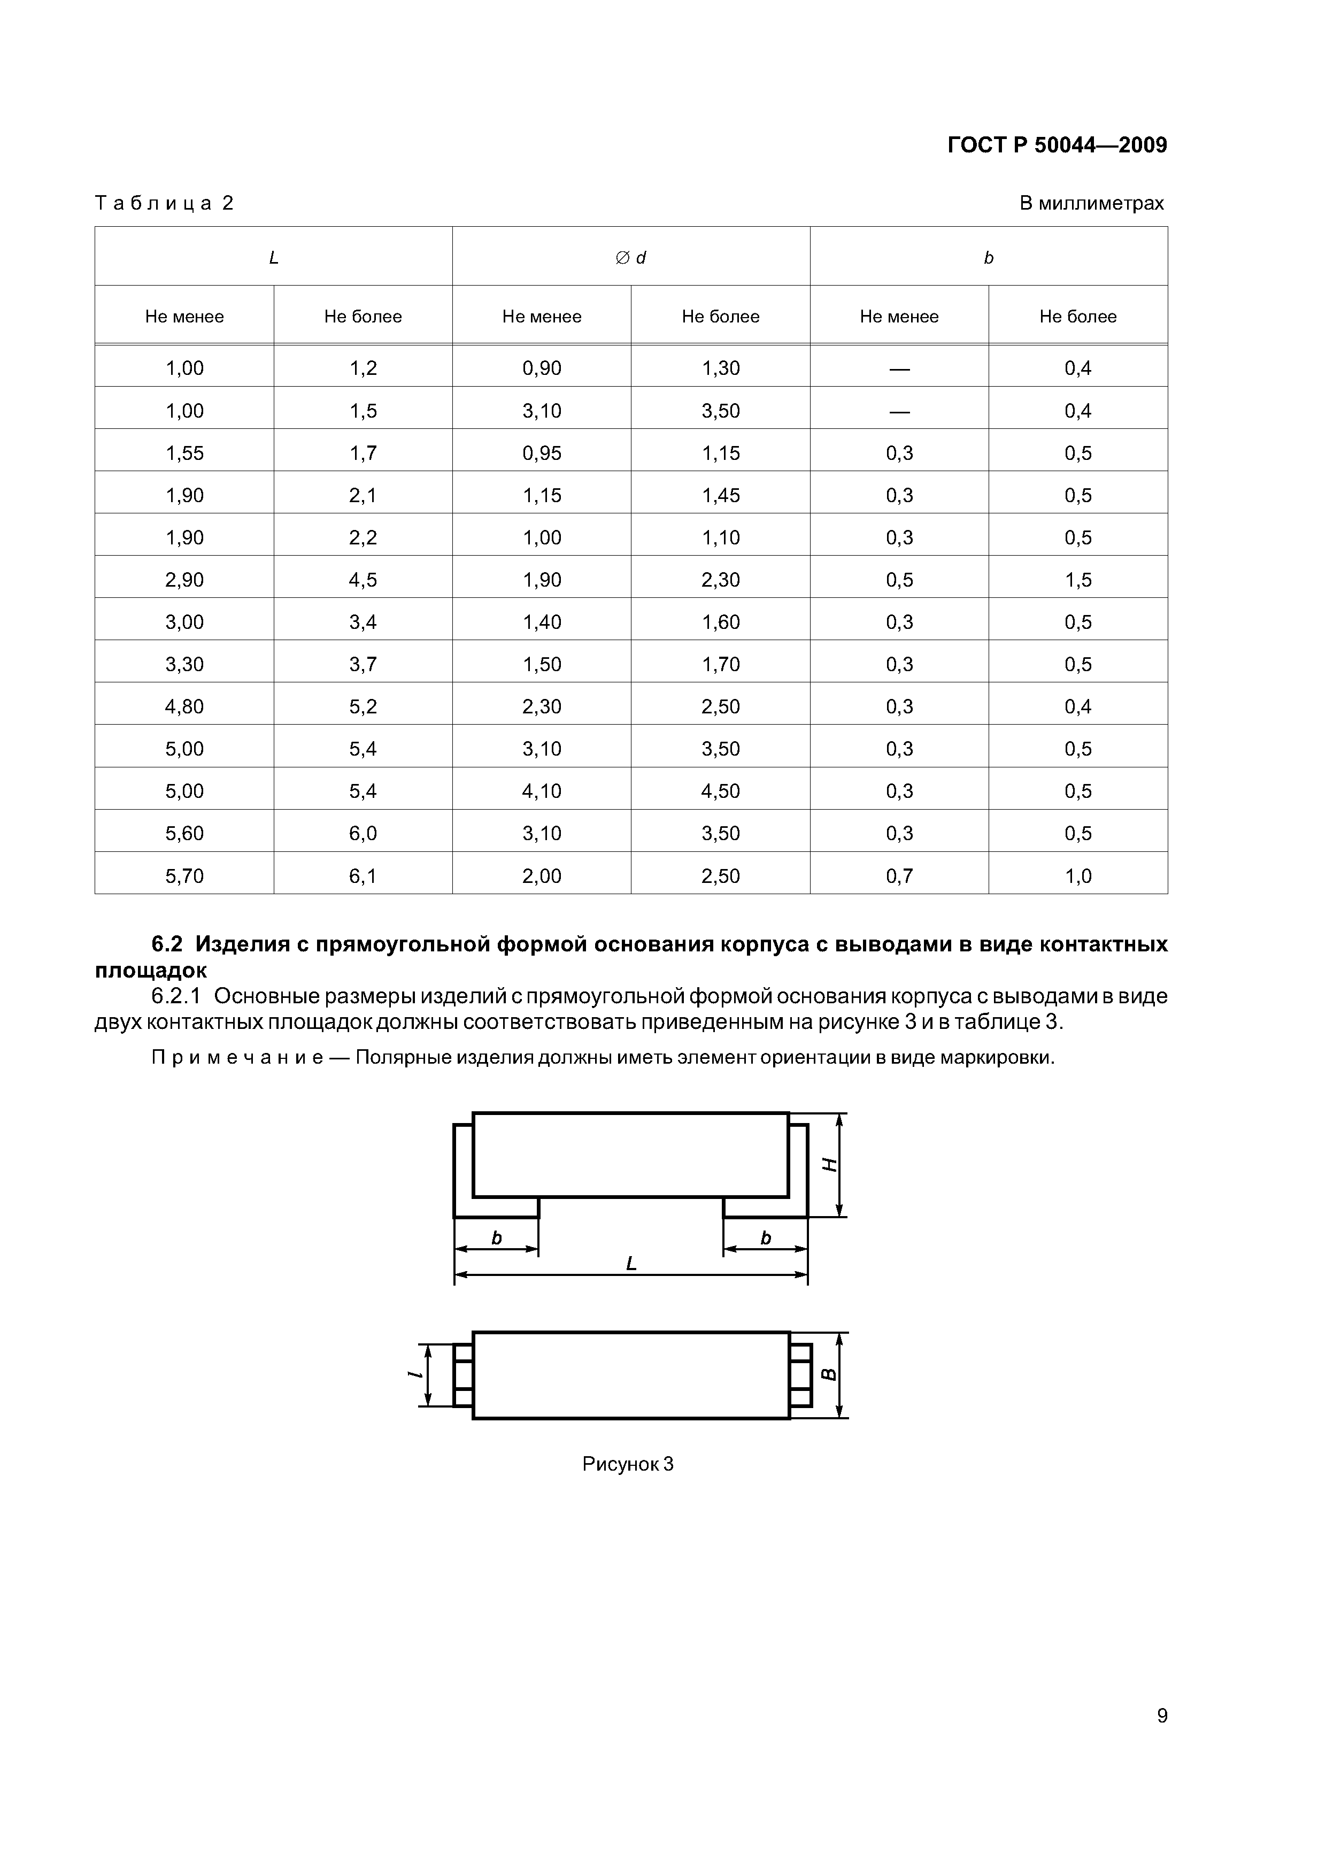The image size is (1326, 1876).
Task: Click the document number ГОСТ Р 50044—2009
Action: tap(1057, 145)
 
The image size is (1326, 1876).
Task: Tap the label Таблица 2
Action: tap(164, 203)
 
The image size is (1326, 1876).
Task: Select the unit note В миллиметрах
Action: tap(1091, 203)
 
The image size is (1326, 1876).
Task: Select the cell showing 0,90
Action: tap(542, 368)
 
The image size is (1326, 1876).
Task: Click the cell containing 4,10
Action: tap(542, 791)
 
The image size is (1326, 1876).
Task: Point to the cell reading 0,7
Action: tap(899, 876)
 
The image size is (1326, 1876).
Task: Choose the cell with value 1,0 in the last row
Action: tap(1077, 876)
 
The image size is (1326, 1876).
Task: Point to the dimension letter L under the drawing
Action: tap(631, 1264)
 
